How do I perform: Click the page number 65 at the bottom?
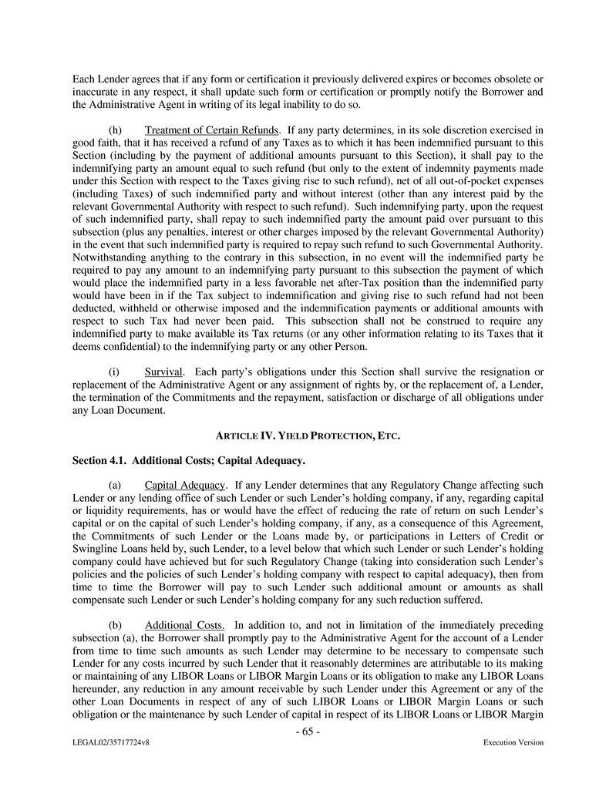(308, 731)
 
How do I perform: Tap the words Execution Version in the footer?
(513, 743)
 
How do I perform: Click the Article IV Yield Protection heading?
(308, 436)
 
